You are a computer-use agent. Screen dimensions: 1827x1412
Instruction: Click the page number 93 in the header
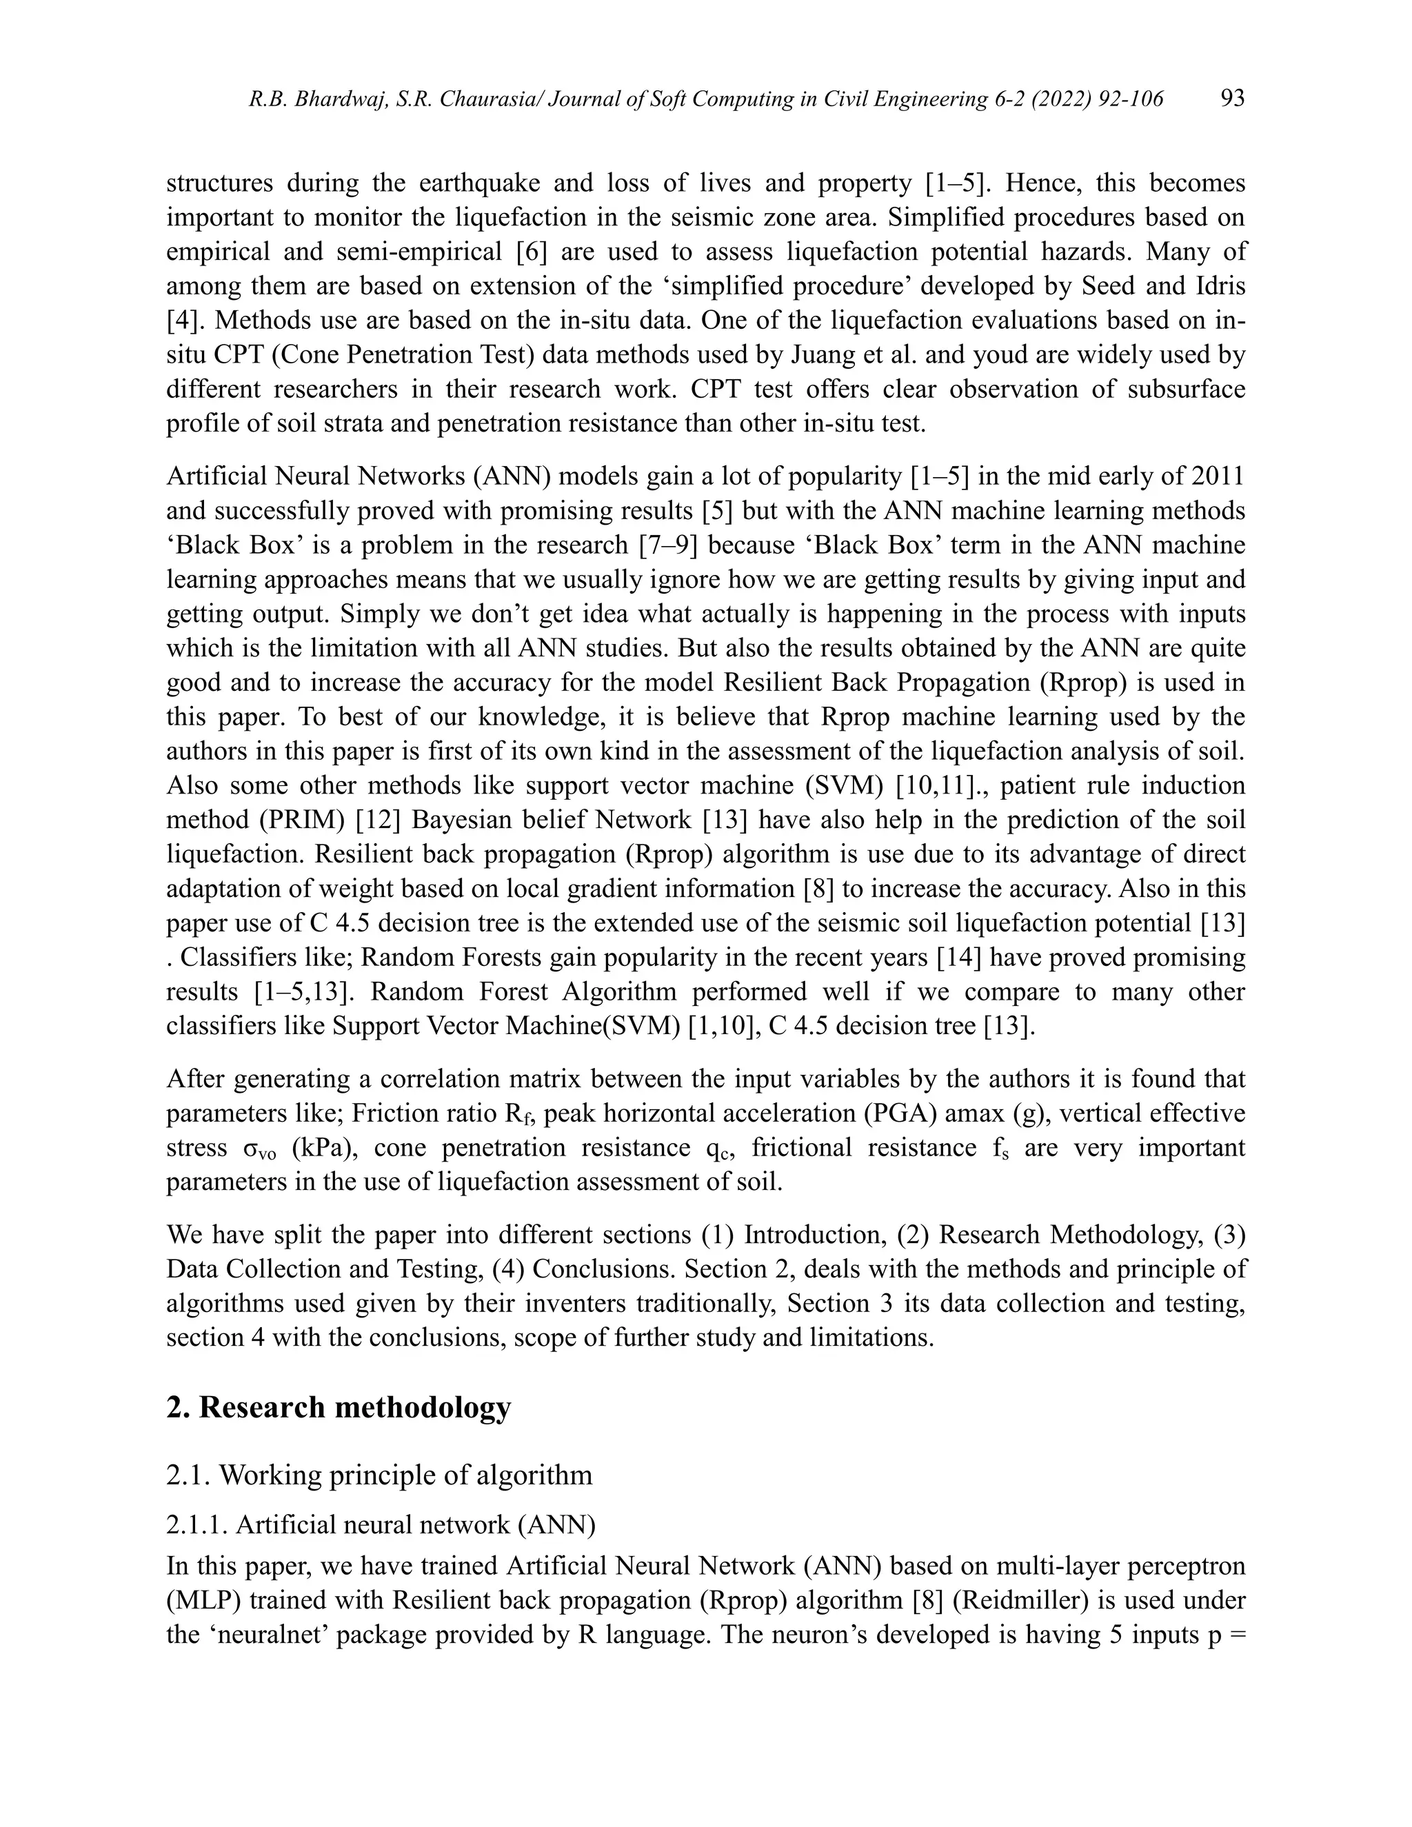coord(1232,99)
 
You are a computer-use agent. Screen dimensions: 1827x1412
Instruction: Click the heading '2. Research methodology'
coord(338,1407)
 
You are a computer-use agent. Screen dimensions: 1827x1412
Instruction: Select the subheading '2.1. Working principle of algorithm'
coord(379,1475)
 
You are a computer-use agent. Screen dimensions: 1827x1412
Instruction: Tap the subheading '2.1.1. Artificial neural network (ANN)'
coord(381,1524)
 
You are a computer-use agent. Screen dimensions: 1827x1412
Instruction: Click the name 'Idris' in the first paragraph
coord(1220,286)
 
